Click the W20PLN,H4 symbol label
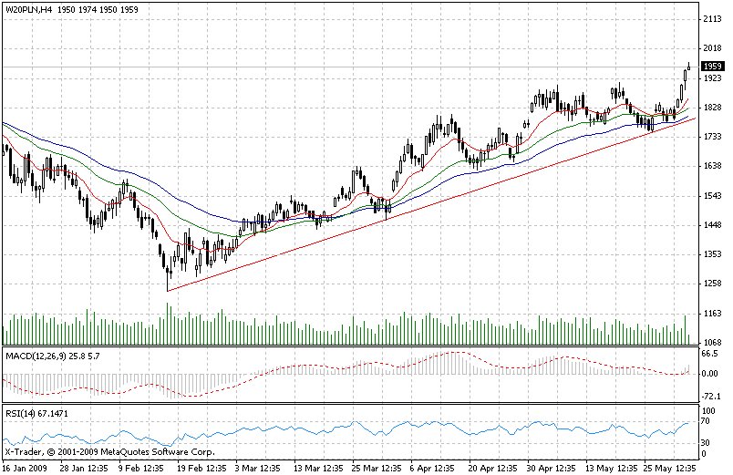click(26, 8)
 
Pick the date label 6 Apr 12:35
click(430, 466)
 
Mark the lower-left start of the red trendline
click(168, 291)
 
